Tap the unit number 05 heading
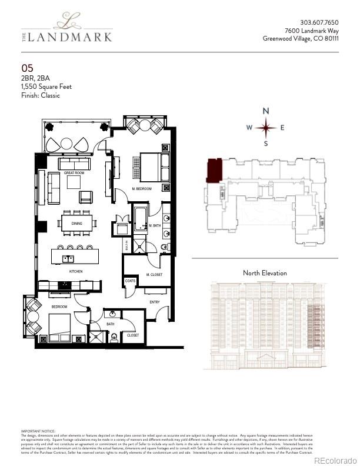tap(27, 69)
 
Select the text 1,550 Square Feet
tap(46, 86)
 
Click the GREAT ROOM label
tap(74, 172)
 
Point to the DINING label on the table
tap(77, 224)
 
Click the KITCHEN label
tap(76, 271)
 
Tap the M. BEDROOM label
tap(142, 188)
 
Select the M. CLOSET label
tap(154, 275)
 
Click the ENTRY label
tap(155, 302)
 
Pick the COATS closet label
tap(130, 281)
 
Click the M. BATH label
tap(155, 226)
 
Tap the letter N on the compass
tap(266, 111)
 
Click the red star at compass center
tap(266, 127)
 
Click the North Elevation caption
tap(265, 273)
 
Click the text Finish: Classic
tap(41, 95)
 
